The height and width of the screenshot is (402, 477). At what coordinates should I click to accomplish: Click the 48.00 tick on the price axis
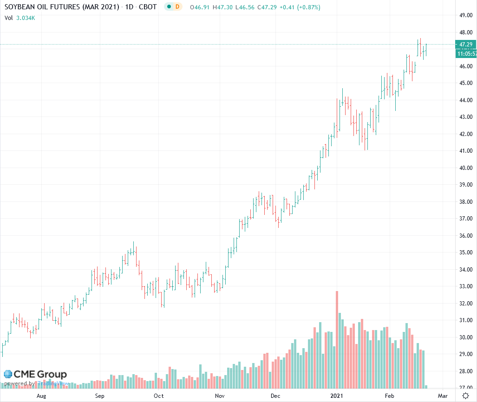click(x=466, y=32)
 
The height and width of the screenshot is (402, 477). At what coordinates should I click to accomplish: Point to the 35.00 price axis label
click(x=466, y=253)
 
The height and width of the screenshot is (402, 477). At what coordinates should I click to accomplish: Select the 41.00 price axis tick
click(x=466, y=151)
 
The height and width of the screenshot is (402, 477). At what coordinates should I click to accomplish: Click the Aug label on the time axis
click(x=41, y=396)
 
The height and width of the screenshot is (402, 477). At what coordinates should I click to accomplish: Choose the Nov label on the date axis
click(x=220, y=396)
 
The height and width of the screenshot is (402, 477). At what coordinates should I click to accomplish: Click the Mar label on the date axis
click(x=443, y=396)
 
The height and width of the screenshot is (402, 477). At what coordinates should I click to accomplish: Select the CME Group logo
click(x=35, y=374)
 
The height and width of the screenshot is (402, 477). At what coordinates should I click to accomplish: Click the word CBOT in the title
click(x=148, y=7)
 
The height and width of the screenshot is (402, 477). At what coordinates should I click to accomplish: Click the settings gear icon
click(x=465, y=396)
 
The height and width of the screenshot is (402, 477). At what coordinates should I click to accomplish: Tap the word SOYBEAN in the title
click(x=21, y=7)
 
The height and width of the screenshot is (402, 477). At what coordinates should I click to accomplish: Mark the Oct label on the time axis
click(x=159, y=396)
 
